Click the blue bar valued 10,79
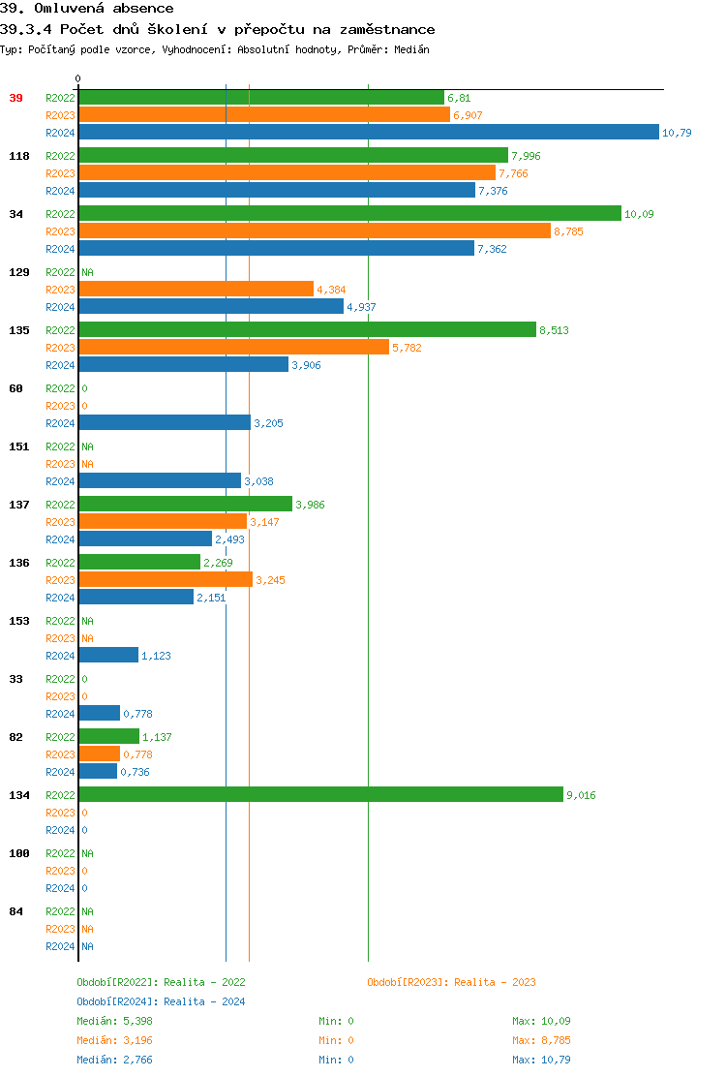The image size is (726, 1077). pyautogui.click(x=368, y=133)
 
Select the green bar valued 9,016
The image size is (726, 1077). pyautogui.click(x=320, y=795)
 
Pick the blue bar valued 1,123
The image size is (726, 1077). pyautogui.click(x=108, y=656)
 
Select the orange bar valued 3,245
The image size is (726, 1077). pyautogui.click(x=166, y=580)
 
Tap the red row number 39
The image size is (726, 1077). pyautogui.click(x=15, y=98)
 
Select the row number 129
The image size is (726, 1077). pyautogui.click(x=18, y=272)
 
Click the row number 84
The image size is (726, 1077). pyautogui.click(x=15, y=911)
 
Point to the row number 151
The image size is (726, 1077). pyautogui.click(x=18, y=446)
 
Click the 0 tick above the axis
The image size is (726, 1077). pyautogui.click(x=78, y=78)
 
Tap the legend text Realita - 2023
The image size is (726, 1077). pyautogui.click(x=495, y=982)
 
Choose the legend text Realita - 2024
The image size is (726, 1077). pyautogui.click(x=204, y=1001)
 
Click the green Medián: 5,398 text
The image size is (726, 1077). pyautogui.click(x=114, y=1021)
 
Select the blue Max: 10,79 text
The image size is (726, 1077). pyautogui.click(x=541, y=1060)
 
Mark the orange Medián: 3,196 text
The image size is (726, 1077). pyautogui.click(x=114, y=1040)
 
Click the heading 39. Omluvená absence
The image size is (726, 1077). pyautogui.click(x=87, y=9)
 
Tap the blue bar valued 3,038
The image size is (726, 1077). pyautogui.click(x=160, y=481)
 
